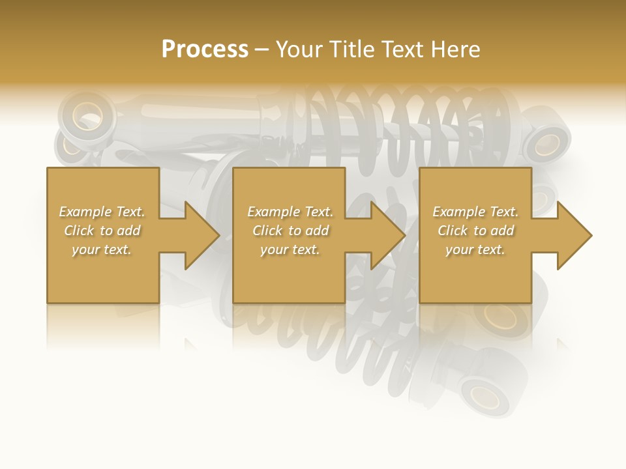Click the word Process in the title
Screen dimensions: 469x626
click(205, 49)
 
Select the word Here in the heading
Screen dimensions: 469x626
click(455, 49)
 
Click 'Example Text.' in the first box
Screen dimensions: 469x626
click(102, 212)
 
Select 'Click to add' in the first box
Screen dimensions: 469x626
click(102, 231)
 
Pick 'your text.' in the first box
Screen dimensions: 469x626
click(102, 249)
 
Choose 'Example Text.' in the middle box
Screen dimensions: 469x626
click(290, 212)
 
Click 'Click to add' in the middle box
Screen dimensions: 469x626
click(290, 231)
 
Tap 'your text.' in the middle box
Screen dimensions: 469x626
click(290, 249)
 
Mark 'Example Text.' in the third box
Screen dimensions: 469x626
click(475, 212)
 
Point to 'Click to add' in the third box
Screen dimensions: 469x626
click(475, 231)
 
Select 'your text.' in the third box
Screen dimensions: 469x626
click(475, 249)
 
